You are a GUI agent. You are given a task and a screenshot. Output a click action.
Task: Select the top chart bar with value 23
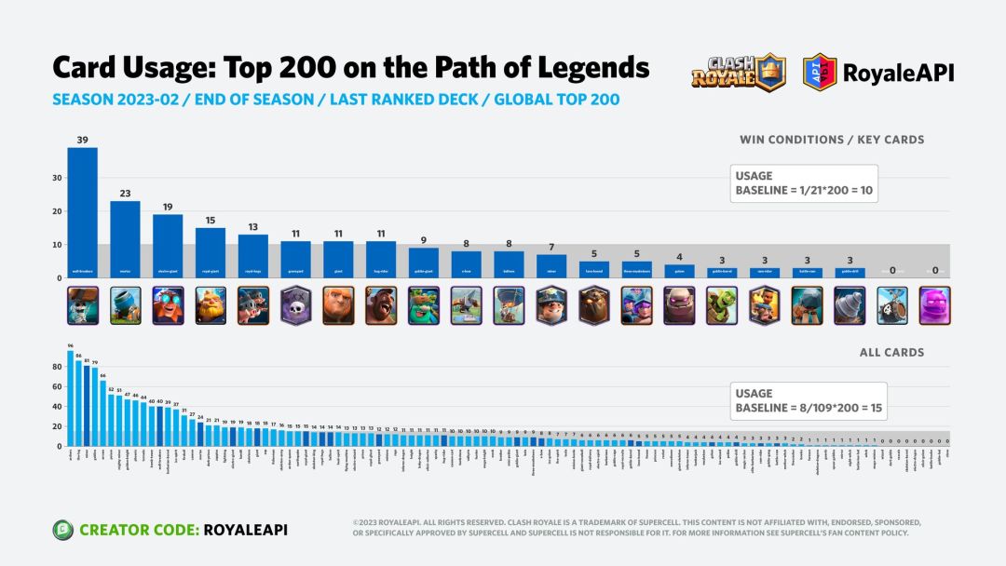tap(125, 239)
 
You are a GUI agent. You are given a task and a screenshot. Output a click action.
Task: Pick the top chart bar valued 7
tap(551, 266)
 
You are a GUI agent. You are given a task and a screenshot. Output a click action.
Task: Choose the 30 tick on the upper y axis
tap(58, 178)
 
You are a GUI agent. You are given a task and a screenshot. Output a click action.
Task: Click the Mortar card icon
tap(125, 305)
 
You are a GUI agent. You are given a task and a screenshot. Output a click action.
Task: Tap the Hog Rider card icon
tap(380, 305)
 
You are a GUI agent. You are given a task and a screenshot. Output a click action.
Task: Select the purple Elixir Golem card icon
tap(934, 305)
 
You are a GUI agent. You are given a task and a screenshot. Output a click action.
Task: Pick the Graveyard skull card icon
tap(295, 305)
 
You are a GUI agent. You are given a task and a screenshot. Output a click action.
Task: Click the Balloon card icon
tap(509, 305)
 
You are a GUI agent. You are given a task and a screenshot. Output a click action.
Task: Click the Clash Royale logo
tap(739, 73)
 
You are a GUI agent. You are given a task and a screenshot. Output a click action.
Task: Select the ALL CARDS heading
tap(891, 353)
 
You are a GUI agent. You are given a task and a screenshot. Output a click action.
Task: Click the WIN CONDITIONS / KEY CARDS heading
tap(832, 140)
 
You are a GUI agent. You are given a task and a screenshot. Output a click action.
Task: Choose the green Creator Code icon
tap(63, 529)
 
